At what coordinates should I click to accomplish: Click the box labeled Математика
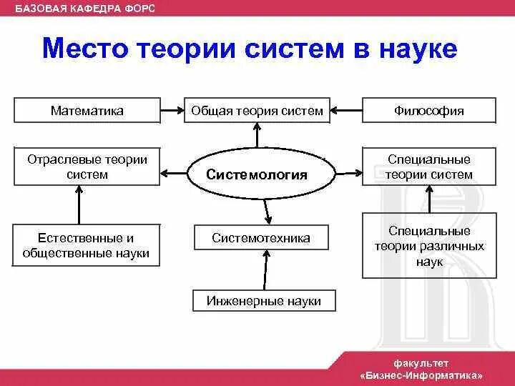tap(87, 111)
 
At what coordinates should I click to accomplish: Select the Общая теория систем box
tap(257, 111)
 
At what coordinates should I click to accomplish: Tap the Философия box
tap(428, 111)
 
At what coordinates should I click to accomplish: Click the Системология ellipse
tap(257, 174)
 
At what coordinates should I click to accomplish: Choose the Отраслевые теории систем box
tap(87, 167)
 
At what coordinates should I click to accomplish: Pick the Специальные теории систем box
tap(428, 167)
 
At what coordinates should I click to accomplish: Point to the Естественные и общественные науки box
tap(87, 245)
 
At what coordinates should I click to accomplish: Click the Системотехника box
tap(261, 238)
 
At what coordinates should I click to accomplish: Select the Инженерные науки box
tap(264, 301)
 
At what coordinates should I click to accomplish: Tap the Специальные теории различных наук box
tap(428, 246)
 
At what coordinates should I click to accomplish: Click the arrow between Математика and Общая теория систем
tap(172, 111)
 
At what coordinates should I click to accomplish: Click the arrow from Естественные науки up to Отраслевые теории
tap(79, 205)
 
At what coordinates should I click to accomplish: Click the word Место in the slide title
tap(85, 50)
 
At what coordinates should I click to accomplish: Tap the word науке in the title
tap(417, 50)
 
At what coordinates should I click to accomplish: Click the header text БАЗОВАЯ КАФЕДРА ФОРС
tap(85, 8)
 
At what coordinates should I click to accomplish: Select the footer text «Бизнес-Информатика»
tap(422, 375)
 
